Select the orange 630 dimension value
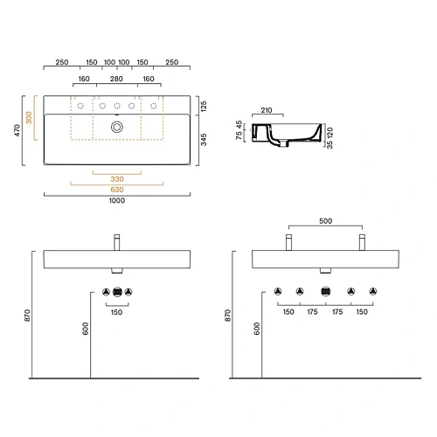point(116,190)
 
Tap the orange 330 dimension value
point(116,177)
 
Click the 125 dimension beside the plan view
point(204,105)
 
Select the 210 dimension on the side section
point(266,111)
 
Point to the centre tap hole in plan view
point(116,105)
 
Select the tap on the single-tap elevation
point(116,241)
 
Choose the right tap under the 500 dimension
point(360,241)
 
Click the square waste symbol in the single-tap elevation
point(116,290)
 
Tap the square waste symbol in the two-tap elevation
point(325,290)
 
